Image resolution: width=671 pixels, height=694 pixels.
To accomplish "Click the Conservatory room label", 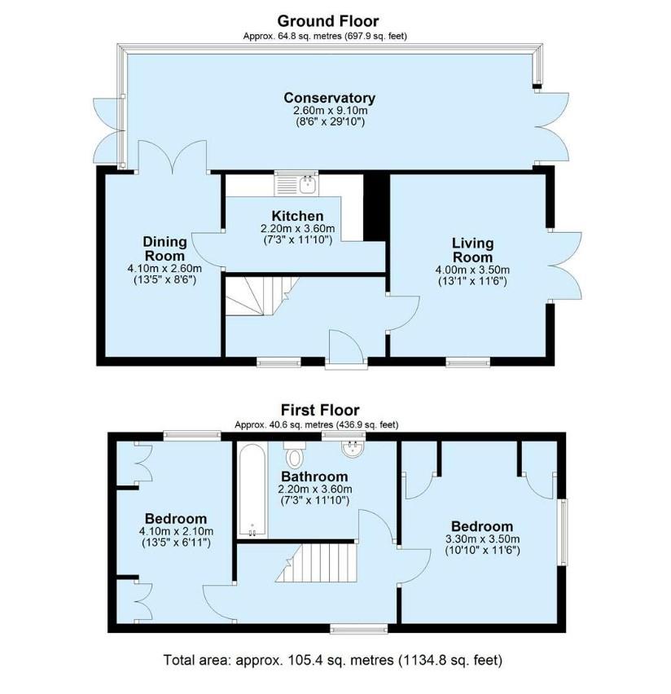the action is click(330, 98).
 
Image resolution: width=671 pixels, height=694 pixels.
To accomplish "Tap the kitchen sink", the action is click(296, 183).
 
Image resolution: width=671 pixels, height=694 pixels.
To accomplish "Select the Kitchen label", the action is click(297, 216).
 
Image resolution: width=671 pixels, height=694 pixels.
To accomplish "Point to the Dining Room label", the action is click(164, 248).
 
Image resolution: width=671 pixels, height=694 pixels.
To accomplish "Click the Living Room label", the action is click(472, 250).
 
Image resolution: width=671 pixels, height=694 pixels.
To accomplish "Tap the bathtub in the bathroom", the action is click(252, 490).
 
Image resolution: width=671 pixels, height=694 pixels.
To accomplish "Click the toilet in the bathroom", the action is click(294, 454).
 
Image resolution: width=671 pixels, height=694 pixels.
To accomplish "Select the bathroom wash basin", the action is click(353, 449).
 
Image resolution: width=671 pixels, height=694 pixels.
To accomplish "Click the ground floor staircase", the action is click(261, 296).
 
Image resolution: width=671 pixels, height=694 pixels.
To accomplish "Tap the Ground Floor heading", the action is click(328, 21).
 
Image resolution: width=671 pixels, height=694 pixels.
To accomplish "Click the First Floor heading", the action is click(320, 410).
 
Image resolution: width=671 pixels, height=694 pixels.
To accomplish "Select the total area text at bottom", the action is click(333, 660).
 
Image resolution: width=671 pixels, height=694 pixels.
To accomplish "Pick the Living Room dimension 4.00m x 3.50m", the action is click(472, 270).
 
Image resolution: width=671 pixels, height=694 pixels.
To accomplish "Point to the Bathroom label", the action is click(314, 477).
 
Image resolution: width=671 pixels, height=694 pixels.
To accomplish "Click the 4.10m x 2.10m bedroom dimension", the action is click(176, 531).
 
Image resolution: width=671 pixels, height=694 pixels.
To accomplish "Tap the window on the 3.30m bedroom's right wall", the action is click(563, 532).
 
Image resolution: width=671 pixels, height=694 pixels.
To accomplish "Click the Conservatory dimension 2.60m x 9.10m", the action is click(330, 110).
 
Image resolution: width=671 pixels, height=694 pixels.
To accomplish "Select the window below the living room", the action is click(468, 362).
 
